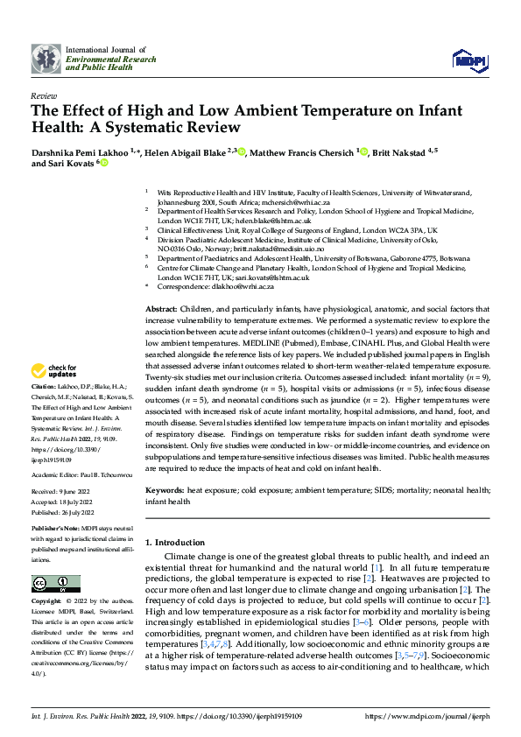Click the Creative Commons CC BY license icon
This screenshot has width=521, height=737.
pyautogui.click(x=56, y=583)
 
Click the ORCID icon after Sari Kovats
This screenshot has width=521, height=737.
pyautogui.click(x=104, y=163)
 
